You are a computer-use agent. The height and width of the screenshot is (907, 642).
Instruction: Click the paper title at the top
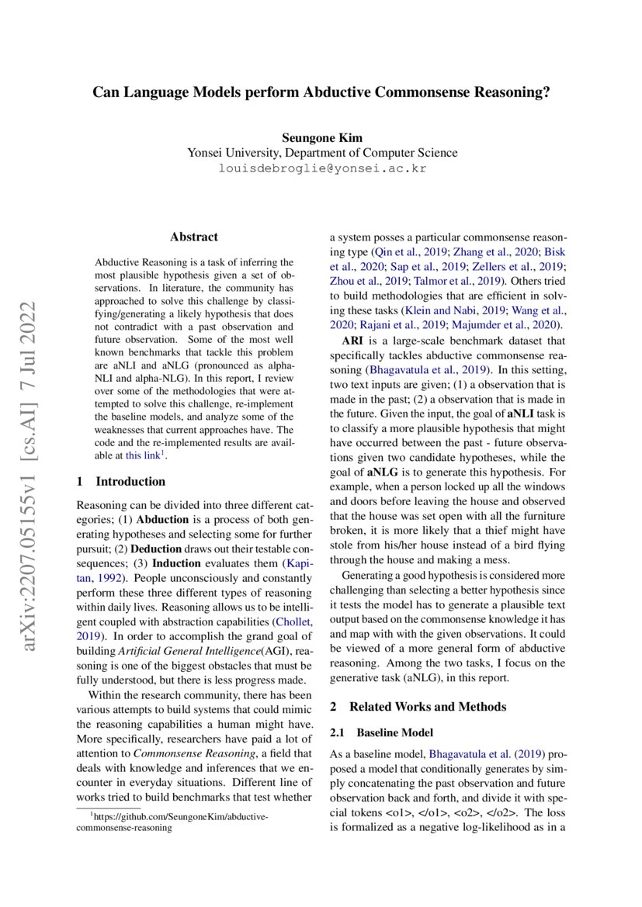click(x=321, y=92)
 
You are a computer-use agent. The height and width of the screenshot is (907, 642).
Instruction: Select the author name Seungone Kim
click(x=321, y=137)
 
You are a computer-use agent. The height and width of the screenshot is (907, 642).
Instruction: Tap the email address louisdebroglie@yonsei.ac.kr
click(x=321, y=168)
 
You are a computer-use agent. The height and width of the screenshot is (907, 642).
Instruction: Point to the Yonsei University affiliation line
click(x=321, y=153)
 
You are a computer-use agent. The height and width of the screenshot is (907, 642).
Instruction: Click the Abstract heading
click(x=194, y=237)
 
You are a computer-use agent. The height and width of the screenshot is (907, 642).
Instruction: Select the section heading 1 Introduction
click(x=121, y=481)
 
